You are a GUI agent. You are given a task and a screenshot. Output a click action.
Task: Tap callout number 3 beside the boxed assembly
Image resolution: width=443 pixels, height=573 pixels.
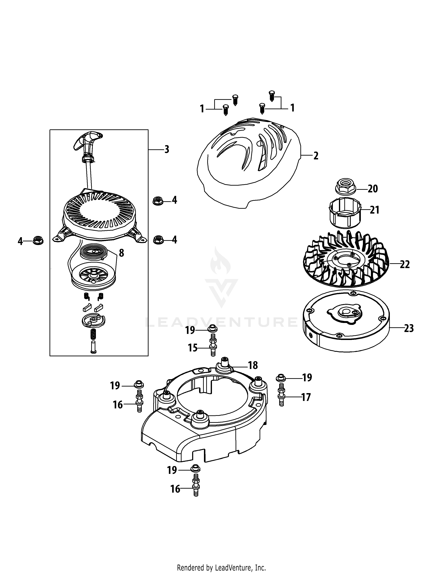click(x=167, y=149)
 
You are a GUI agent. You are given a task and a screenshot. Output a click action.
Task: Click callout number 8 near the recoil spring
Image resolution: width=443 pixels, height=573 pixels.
click(x=121, y=253)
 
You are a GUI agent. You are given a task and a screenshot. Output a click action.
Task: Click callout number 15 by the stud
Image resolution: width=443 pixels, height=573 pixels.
click(x=193, y=348)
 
